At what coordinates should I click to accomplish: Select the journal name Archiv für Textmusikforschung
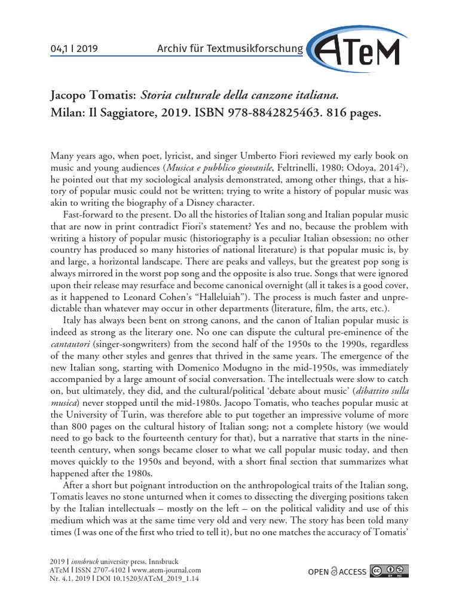click(228, 48)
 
